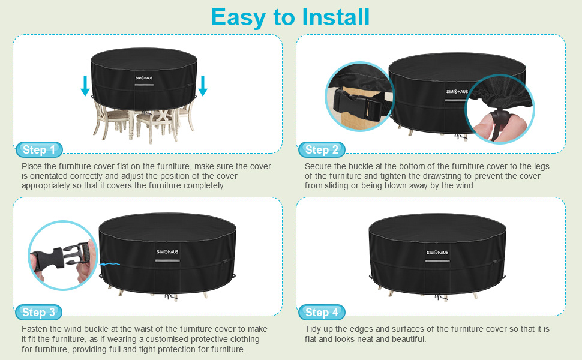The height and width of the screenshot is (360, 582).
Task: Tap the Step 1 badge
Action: tap(39, 149)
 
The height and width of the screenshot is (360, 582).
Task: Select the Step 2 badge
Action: tap(322, 149)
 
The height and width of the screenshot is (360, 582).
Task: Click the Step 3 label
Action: tap(38, 312)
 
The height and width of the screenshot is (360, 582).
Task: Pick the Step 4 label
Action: tap(322, 312)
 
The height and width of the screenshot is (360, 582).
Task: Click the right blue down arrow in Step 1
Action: tap(203, 85)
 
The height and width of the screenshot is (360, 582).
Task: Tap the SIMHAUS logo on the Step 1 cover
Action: tap(143, 79)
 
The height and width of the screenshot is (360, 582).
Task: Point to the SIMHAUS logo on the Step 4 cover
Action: tap(437, 253)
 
